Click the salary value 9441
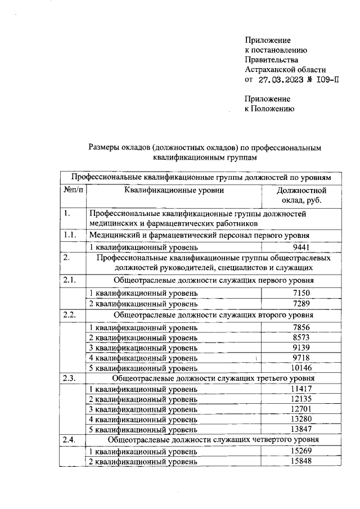pos(301,247)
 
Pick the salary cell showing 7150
pos(301,292)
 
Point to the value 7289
pos(301,303)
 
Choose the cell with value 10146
pos(301,368)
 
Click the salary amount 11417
pos(301,389)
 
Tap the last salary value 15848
pos(301,461)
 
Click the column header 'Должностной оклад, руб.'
pos(301,196)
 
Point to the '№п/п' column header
pos(73,191)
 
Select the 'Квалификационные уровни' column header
pos(174,191)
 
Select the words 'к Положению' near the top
pos(269,109)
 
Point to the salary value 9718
pos(301,357)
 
